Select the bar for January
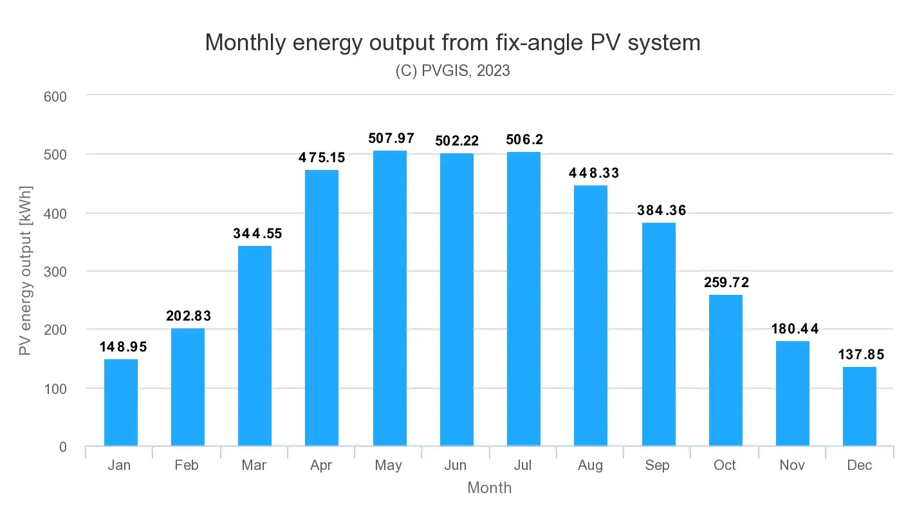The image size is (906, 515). [x=121, y=402]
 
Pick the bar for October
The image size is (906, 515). [x=726, y=370]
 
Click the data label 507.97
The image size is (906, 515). [x=391, y=138]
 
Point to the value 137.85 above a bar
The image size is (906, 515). [x=860, y=355]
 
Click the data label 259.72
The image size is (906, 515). [x=726, y=283]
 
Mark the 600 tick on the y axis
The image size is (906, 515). [x=55, y=96]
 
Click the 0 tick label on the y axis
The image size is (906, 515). [x=62, y=447]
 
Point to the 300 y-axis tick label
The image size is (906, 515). [x=55, y=272]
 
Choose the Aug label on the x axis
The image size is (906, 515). [x=590, y=465]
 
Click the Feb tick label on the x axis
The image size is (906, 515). [x=187, y=465]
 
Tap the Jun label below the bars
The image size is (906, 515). [x=456, y=465]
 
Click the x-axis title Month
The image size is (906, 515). [x=489, y=488]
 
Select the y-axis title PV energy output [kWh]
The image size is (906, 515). [x=25, y=270]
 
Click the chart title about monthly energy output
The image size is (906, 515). [x=452, y=42]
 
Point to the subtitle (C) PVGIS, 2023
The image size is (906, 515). [x=452, y=71]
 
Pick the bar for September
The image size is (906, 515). [x=659, y=334]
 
